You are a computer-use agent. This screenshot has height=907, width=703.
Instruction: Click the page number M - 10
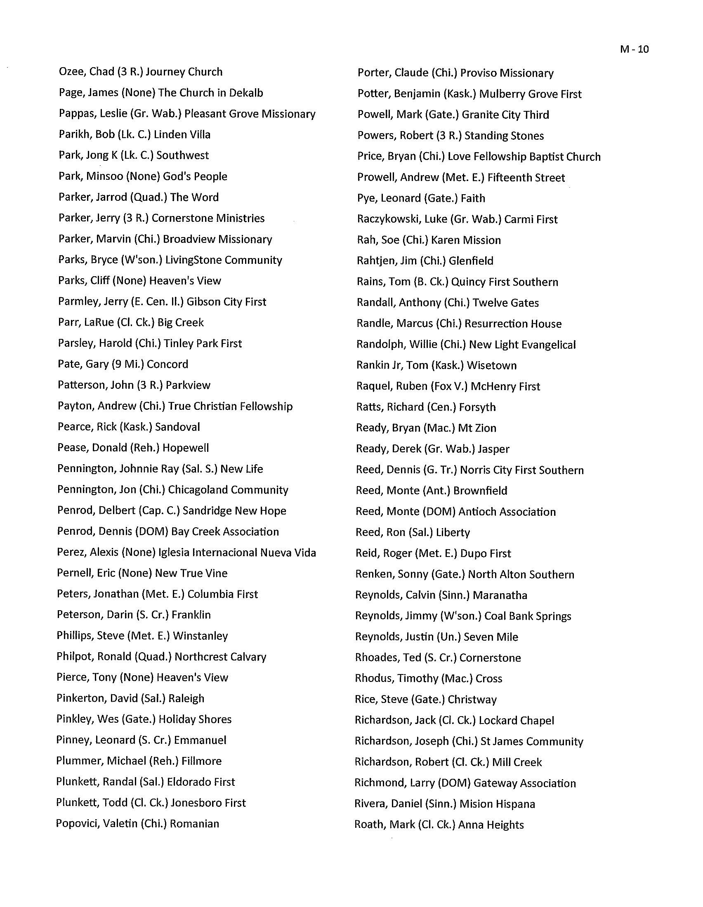(x=634, y=49)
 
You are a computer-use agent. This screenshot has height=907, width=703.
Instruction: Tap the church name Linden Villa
(x=182, y=134)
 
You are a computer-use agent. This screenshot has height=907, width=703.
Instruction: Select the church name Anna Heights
(x=491, y=825)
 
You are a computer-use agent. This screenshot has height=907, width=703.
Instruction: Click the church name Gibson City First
(x=226, y=302)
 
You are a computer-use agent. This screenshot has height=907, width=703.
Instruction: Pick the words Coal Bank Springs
(x=528, y=616)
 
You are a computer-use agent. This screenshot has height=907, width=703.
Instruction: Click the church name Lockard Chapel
(x=516, y=721)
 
